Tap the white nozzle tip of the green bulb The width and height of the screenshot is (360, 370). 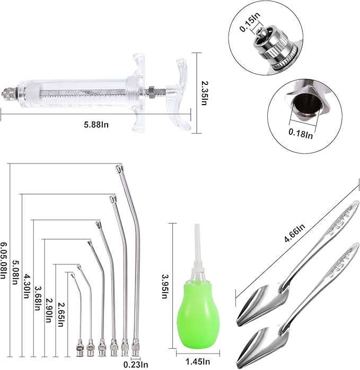click(x=197, y=234)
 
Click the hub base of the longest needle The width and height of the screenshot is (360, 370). click(x=137, y=348)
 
